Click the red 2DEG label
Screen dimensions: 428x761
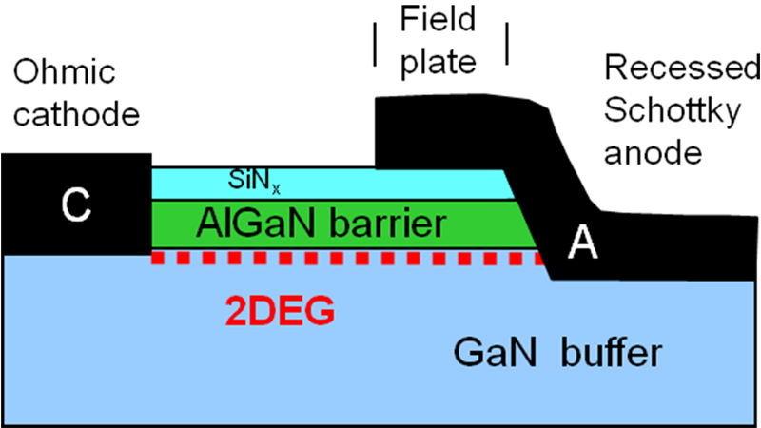pyautogui.click(x=279, y=311)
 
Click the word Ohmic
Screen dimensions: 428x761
pyautogui.click(x=65, y=72)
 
